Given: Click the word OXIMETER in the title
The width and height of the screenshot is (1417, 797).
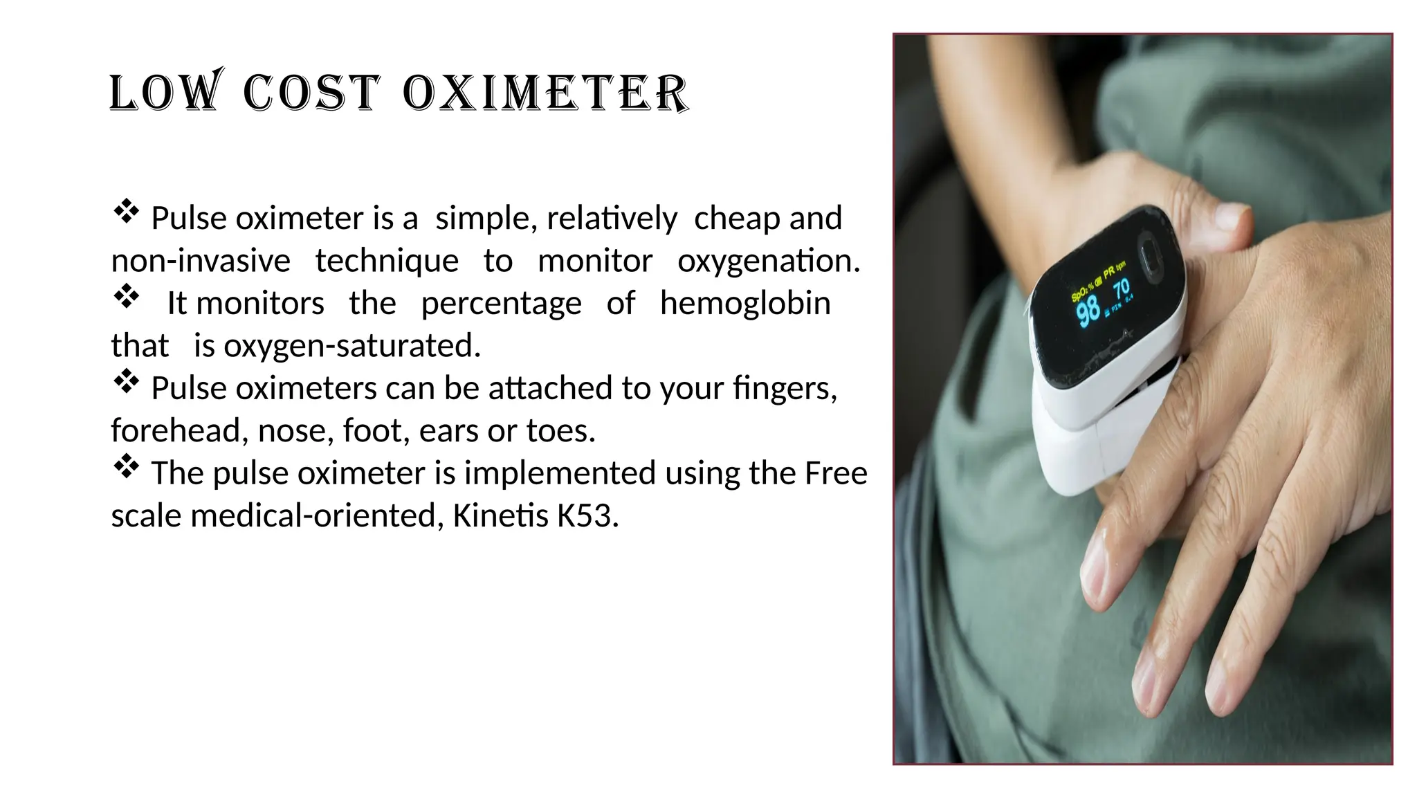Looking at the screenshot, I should click(545, 92).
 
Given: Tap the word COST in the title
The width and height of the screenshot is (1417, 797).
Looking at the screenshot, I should click(311, 92).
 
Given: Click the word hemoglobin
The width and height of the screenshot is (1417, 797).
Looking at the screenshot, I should click(745, 304).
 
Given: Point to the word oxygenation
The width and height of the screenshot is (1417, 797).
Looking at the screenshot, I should click(768, 262).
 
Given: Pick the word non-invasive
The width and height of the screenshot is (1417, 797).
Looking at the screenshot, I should click(201, 262).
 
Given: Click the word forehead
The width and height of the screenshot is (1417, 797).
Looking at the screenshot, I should click(176, 430).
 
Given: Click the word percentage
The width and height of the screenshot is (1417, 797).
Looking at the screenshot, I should click(501, 304).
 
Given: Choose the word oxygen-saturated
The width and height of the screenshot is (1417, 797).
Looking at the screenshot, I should click(351, 346).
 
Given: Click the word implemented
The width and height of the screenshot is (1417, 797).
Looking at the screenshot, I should click(559, 473).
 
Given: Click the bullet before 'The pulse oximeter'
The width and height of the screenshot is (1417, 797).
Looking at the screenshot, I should click(127, 466).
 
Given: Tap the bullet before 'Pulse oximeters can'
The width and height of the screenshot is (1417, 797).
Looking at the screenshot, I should click(127, 381).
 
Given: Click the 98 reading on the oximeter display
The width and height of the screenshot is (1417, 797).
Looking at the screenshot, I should click(1088, 311).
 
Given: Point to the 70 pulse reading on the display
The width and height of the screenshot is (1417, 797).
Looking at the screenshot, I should click(1122, 287).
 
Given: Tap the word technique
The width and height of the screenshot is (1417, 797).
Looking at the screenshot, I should click(387, 262).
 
